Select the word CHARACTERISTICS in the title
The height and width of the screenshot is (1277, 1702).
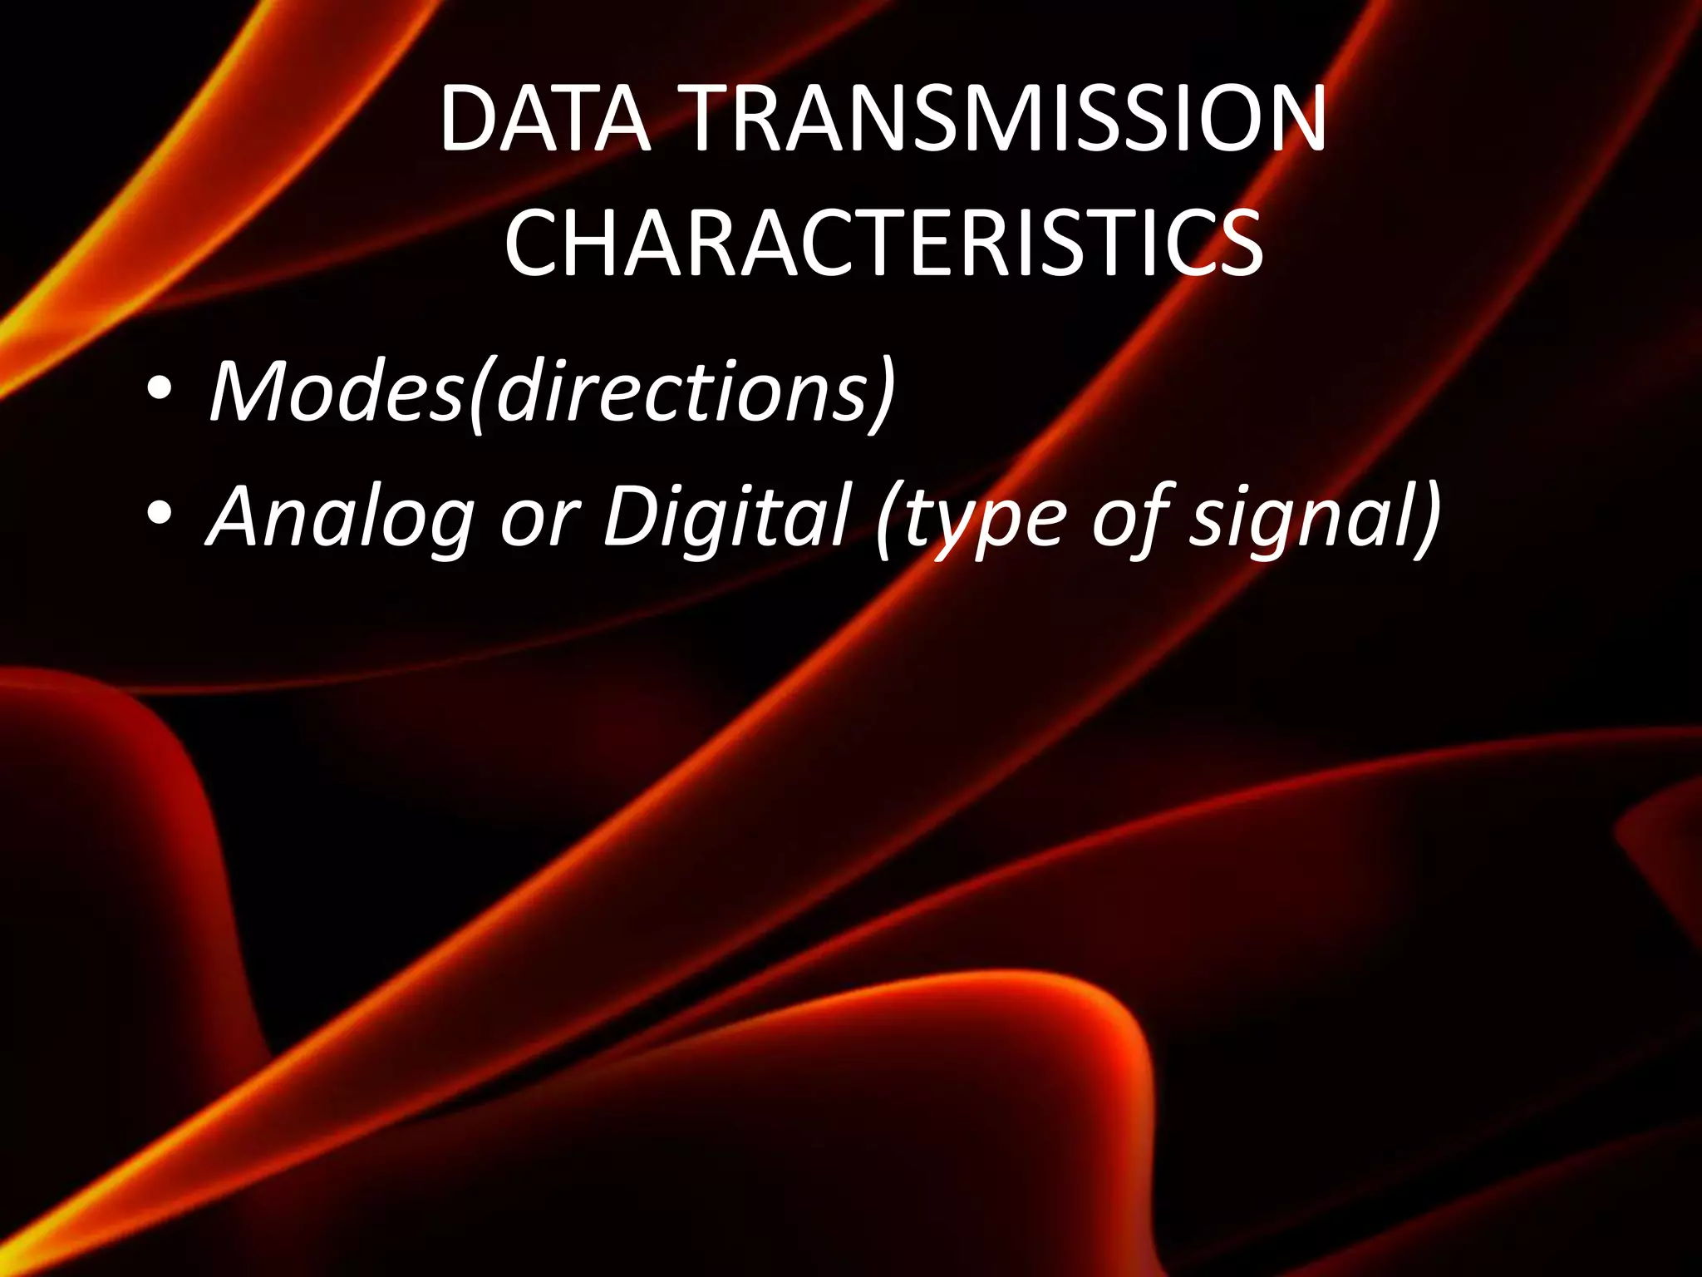(x=883, y=244)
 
